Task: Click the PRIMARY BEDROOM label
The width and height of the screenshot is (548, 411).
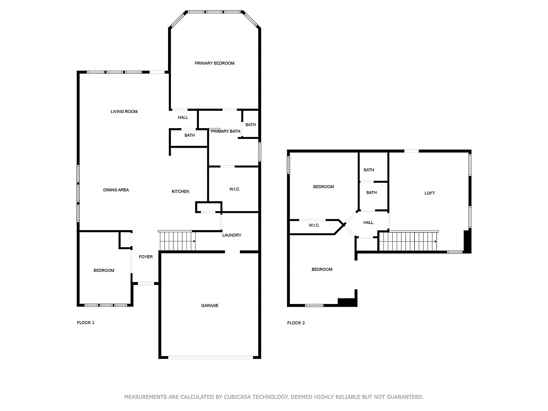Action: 214,63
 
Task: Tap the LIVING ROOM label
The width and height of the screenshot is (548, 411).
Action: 124,112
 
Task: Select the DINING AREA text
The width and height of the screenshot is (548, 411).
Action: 116,190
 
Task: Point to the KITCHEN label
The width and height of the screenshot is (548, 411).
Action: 180,191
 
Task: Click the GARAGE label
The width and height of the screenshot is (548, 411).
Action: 210,305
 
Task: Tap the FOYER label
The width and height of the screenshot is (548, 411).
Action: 146,257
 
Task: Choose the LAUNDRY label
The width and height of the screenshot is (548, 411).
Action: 232,235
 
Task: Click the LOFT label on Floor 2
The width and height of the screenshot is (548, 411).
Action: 430,193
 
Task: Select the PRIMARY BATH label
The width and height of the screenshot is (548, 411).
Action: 226,131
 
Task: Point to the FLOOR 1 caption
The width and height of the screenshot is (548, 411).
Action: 86,323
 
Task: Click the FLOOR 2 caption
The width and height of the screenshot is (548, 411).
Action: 296,323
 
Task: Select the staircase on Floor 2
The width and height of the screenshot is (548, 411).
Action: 408,241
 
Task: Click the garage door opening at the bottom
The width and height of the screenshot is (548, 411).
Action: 211,357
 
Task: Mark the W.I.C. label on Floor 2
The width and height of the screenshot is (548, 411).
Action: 314,225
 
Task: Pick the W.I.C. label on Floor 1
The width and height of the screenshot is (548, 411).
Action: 235,189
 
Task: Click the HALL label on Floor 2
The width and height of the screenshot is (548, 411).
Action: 368,222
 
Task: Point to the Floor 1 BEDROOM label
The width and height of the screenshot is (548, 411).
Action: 104,271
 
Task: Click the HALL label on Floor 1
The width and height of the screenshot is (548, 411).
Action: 183,117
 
